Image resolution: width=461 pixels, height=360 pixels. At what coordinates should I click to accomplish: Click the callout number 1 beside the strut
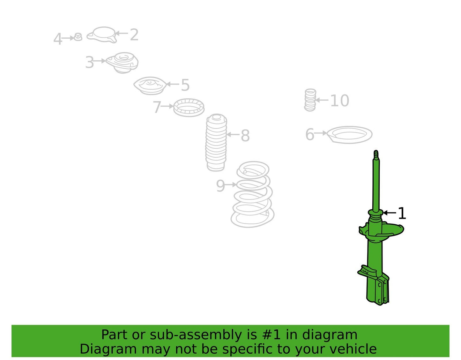coord(402,214)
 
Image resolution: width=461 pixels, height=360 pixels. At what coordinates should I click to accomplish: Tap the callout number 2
coord(134,34)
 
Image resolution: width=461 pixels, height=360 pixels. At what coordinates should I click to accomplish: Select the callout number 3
coord(89,62)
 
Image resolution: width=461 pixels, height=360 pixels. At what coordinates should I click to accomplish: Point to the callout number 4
coord(58,39)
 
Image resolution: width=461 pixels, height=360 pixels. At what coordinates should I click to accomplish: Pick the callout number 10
coord(340,101)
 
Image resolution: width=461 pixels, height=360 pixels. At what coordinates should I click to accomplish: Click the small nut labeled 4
coord(78,37)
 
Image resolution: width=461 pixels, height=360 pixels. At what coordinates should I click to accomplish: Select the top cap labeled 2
coord(102,35)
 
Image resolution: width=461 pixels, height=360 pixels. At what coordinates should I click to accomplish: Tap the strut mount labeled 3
coord(122,63)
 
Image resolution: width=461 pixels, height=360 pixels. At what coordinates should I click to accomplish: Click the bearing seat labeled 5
coord(150,86)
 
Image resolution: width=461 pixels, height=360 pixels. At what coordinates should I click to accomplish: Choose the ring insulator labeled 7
coord(189,108)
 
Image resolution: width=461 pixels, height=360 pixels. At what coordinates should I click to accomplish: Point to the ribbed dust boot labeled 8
coord(216,143)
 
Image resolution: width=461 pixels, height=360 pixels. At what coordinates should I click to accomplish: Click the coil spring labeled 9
coord(252,195)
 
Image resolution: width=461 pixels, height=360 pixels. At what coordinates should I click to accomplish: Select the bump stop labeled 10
coord(310,100)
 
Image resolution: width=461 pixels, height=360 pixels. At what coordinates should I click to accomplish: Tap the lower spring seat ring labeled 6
coord(349,135)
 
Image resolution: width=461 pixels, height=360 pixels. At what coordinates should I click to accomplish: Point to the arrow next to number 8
coord(233,134)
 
